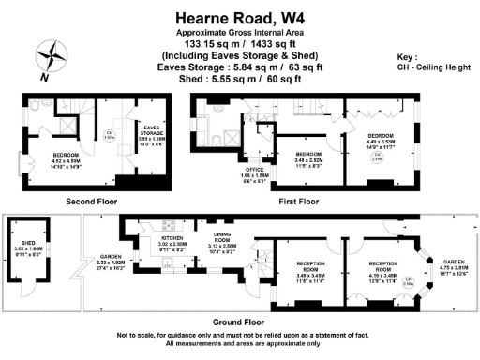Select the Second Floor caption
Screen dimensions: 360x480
91,202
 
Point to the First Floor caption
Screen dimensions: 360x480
299,202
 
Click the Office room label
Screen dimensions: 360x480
256,172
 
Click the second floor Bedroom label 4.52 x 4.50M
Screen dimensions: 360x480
67,157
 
